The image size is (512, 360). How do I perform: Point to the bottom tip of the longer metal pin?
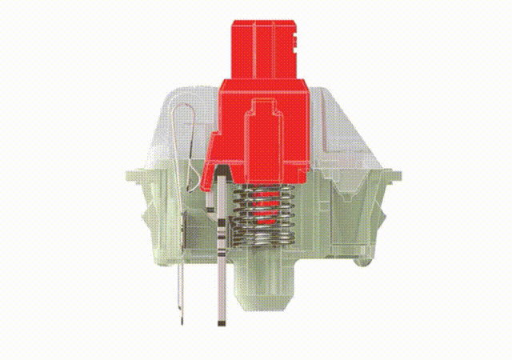[221, 323]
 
